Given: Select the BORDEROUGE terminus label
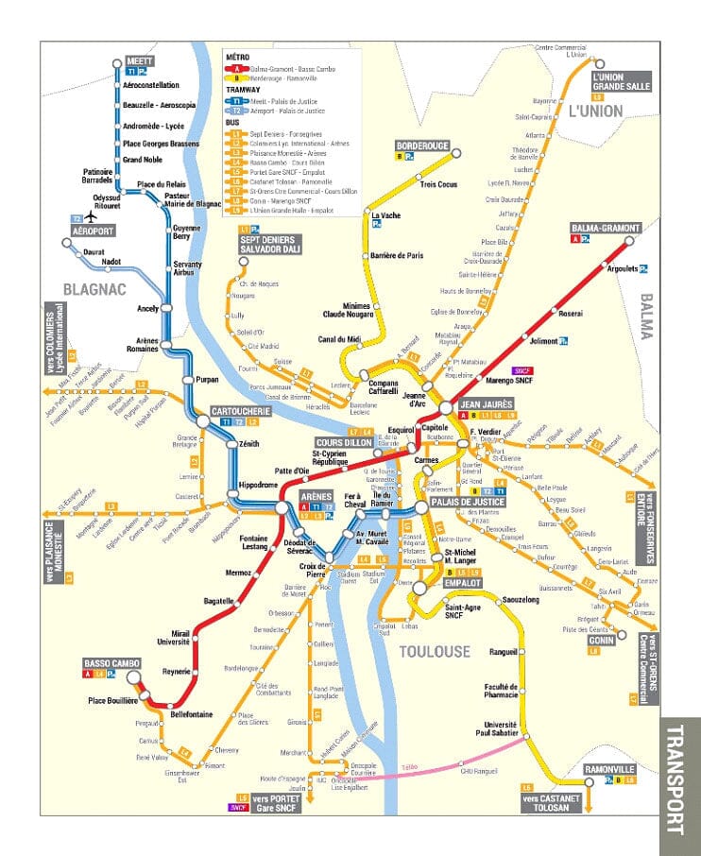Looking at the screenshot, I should click(422, 146).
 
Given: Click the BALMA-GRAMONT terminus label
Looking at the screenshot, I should click(606, 229).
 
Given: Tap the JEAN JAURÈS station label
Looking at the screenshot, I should click(484, 403).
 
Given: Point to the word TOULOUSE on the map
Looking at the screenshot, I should click(434, 651).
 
